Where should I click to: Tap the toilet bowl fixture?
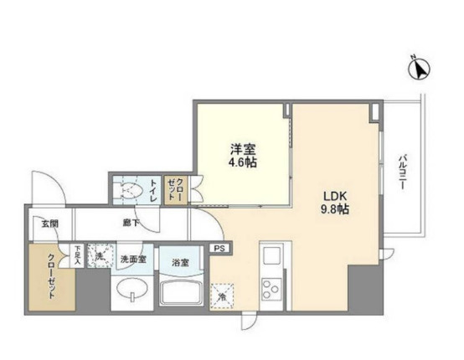[x=130, y=191]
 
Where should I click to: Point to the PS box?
[x=219, y=249]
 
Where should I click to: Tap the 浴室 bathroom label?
[x=180, y=262]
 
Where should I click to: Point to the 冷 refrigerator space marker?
[x=223, y=296]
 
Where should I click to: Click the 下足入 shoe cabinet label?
[x=77, y=254]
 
